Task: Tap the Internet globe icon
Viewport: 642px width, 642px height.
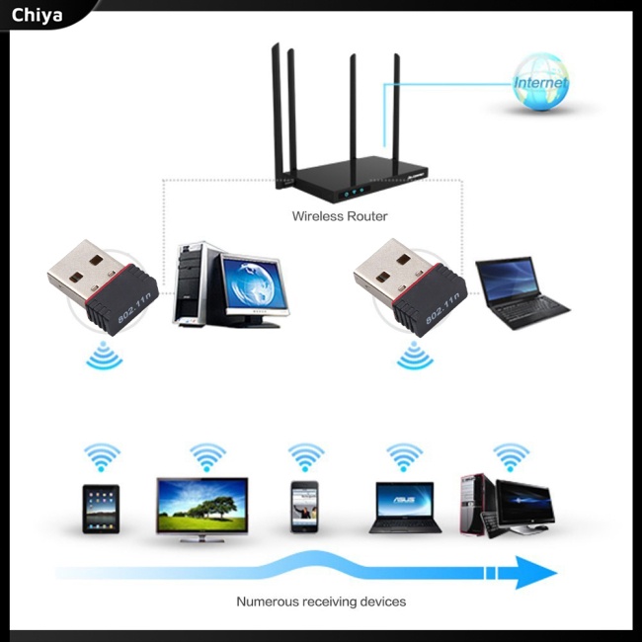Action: click(x=539, y=83)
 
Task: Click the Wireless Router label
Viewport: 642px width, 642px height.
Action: click(x=340, y=215)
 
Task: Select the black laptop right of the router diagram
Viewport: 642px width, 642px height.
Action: click(x=520, y=290)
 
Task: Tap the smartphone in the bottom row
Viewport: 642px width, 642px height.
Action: click(x=305, y=510)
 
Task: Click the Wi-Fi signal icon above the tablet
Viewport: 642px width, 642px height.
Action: click(x=102, y=457)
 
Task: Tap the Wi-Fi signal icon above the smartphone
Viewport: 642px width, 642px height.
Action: click(x=306, y=457)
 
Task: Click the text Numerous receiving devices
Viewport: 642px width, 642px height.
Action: click(x=321, y=601)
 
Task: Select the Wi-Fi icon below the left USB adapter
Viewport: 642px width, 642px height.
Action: click(x=104, y=355)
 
